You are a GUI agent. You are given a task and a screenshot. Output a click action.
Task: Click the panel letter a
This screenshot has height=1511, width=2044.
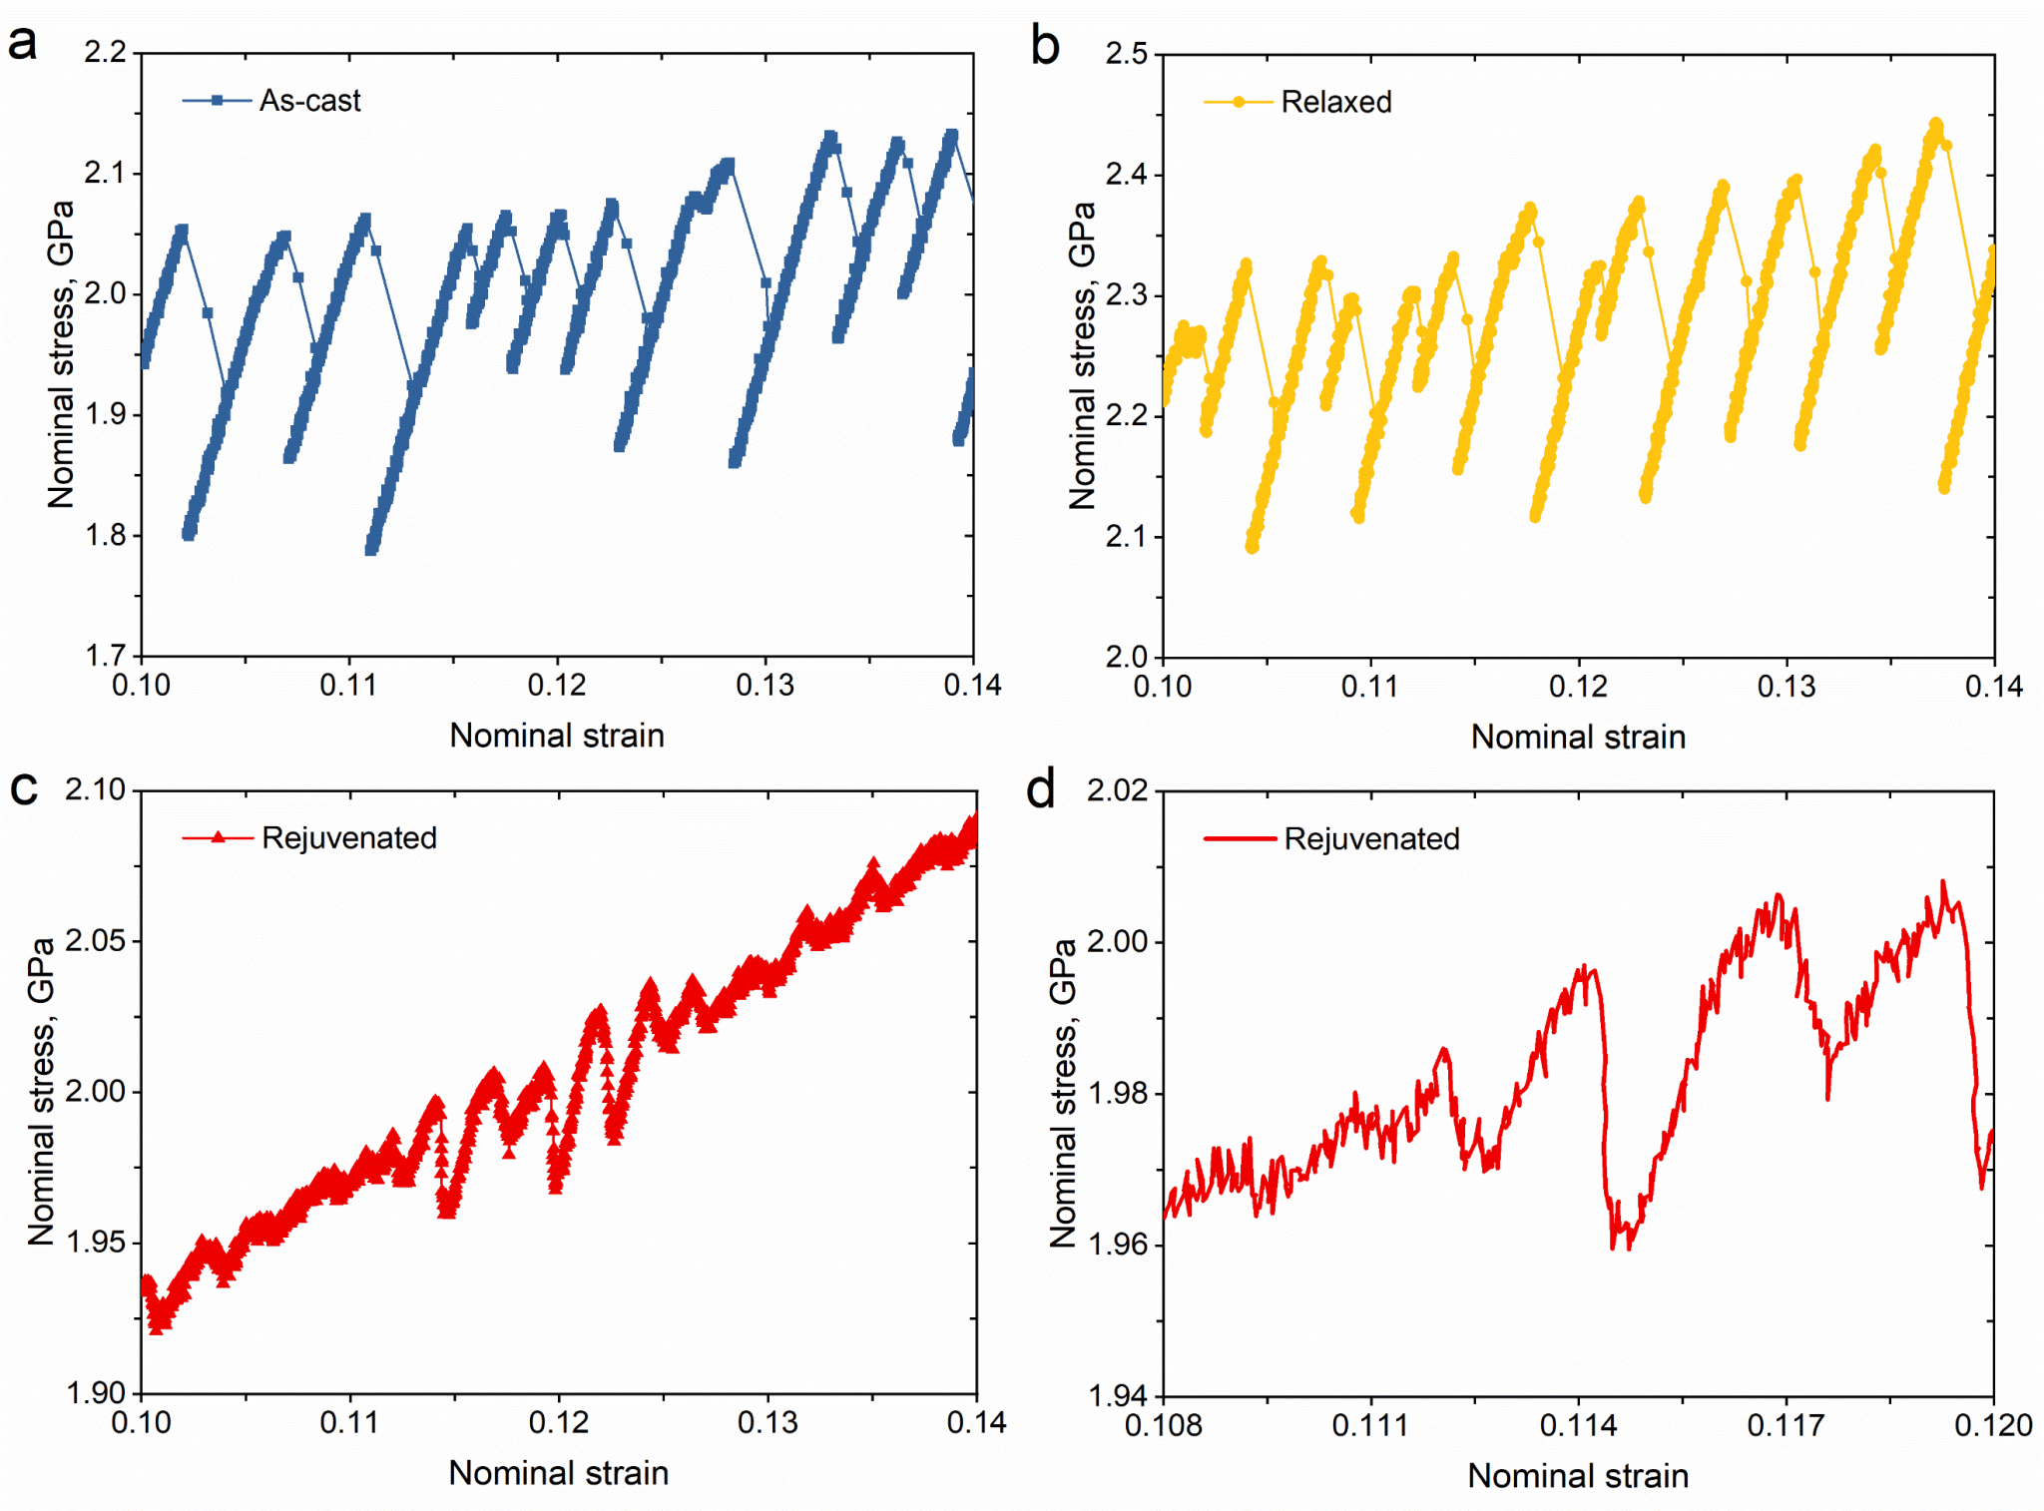click(22, 44)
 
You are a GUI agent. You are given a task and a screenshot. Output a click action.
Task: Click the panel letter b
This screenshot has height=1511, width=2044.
click(1044, 46)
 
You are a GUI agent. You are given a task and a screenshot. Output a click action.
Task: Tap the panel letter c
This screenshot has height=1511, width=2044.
click(23, 787)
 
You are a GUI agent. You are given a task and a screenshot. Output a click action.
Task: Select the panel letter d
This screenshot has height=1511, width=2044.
click(1040, 789)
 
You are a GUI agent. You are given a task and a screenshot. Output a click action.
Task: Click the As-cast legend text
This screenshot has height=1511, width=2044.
click(309, 101)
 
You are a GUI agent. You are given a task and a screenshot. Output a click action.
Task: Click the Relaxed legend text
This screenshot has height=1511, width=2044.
click(1335, 102)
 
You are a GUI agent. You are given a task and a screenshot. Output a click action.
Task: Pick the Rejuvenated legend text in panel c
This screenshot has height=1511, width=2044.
click(349, 837)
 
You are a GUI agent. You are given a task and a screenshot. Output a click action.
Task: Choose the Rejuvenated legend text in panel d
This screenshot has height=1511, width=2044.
click(1371, 838)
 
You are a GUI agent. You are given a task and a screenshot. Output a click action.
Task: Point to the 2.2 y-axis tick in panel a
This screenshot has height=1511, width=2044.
click(106, 52)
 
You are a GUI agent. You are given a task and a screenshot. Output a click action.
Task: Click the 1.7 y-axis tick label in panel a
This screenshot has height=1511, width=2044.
click(106, 656)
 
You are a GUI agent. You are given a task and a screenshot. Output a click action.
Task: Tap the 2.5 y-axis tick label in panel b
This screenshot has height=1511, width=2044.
click(1127, 54)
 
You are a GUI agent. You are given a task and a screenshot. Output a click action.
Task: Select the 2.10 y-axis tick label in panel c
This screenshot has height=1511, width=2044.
click(96, 789)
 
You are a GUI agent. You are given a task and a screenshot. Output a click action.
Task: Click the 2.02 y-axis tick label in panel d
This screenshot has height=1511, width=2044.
click(1118, 790)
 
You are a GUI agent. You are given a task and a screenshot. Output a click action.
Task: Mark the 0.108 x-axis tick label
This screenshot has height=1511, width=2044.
click(1163, 1425)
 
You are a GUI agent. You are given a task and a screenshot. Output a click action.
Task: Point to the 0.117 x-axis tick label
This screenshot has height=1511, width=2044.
click(1786, 1425)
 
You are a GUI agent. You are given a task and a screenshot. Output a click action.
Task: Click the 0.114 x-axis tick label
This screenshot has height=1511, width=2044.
click(1578, 1425)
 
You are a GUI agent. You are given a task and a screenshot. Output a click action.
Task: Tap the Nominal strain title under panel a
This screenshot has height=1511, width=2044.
click(557, 736)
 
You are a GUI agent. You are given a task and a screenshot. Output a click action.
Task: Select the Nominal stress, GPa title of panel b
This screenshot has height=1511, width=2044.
click(1082, 355)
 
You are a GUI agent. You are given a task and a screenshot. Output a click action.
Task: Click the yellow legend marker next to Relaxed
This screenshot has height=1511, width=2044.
click(1239, 102)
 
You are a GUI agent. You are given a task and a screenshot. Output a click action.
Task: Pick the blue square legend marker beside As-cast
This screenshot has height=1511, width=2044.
click(217, 101)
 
